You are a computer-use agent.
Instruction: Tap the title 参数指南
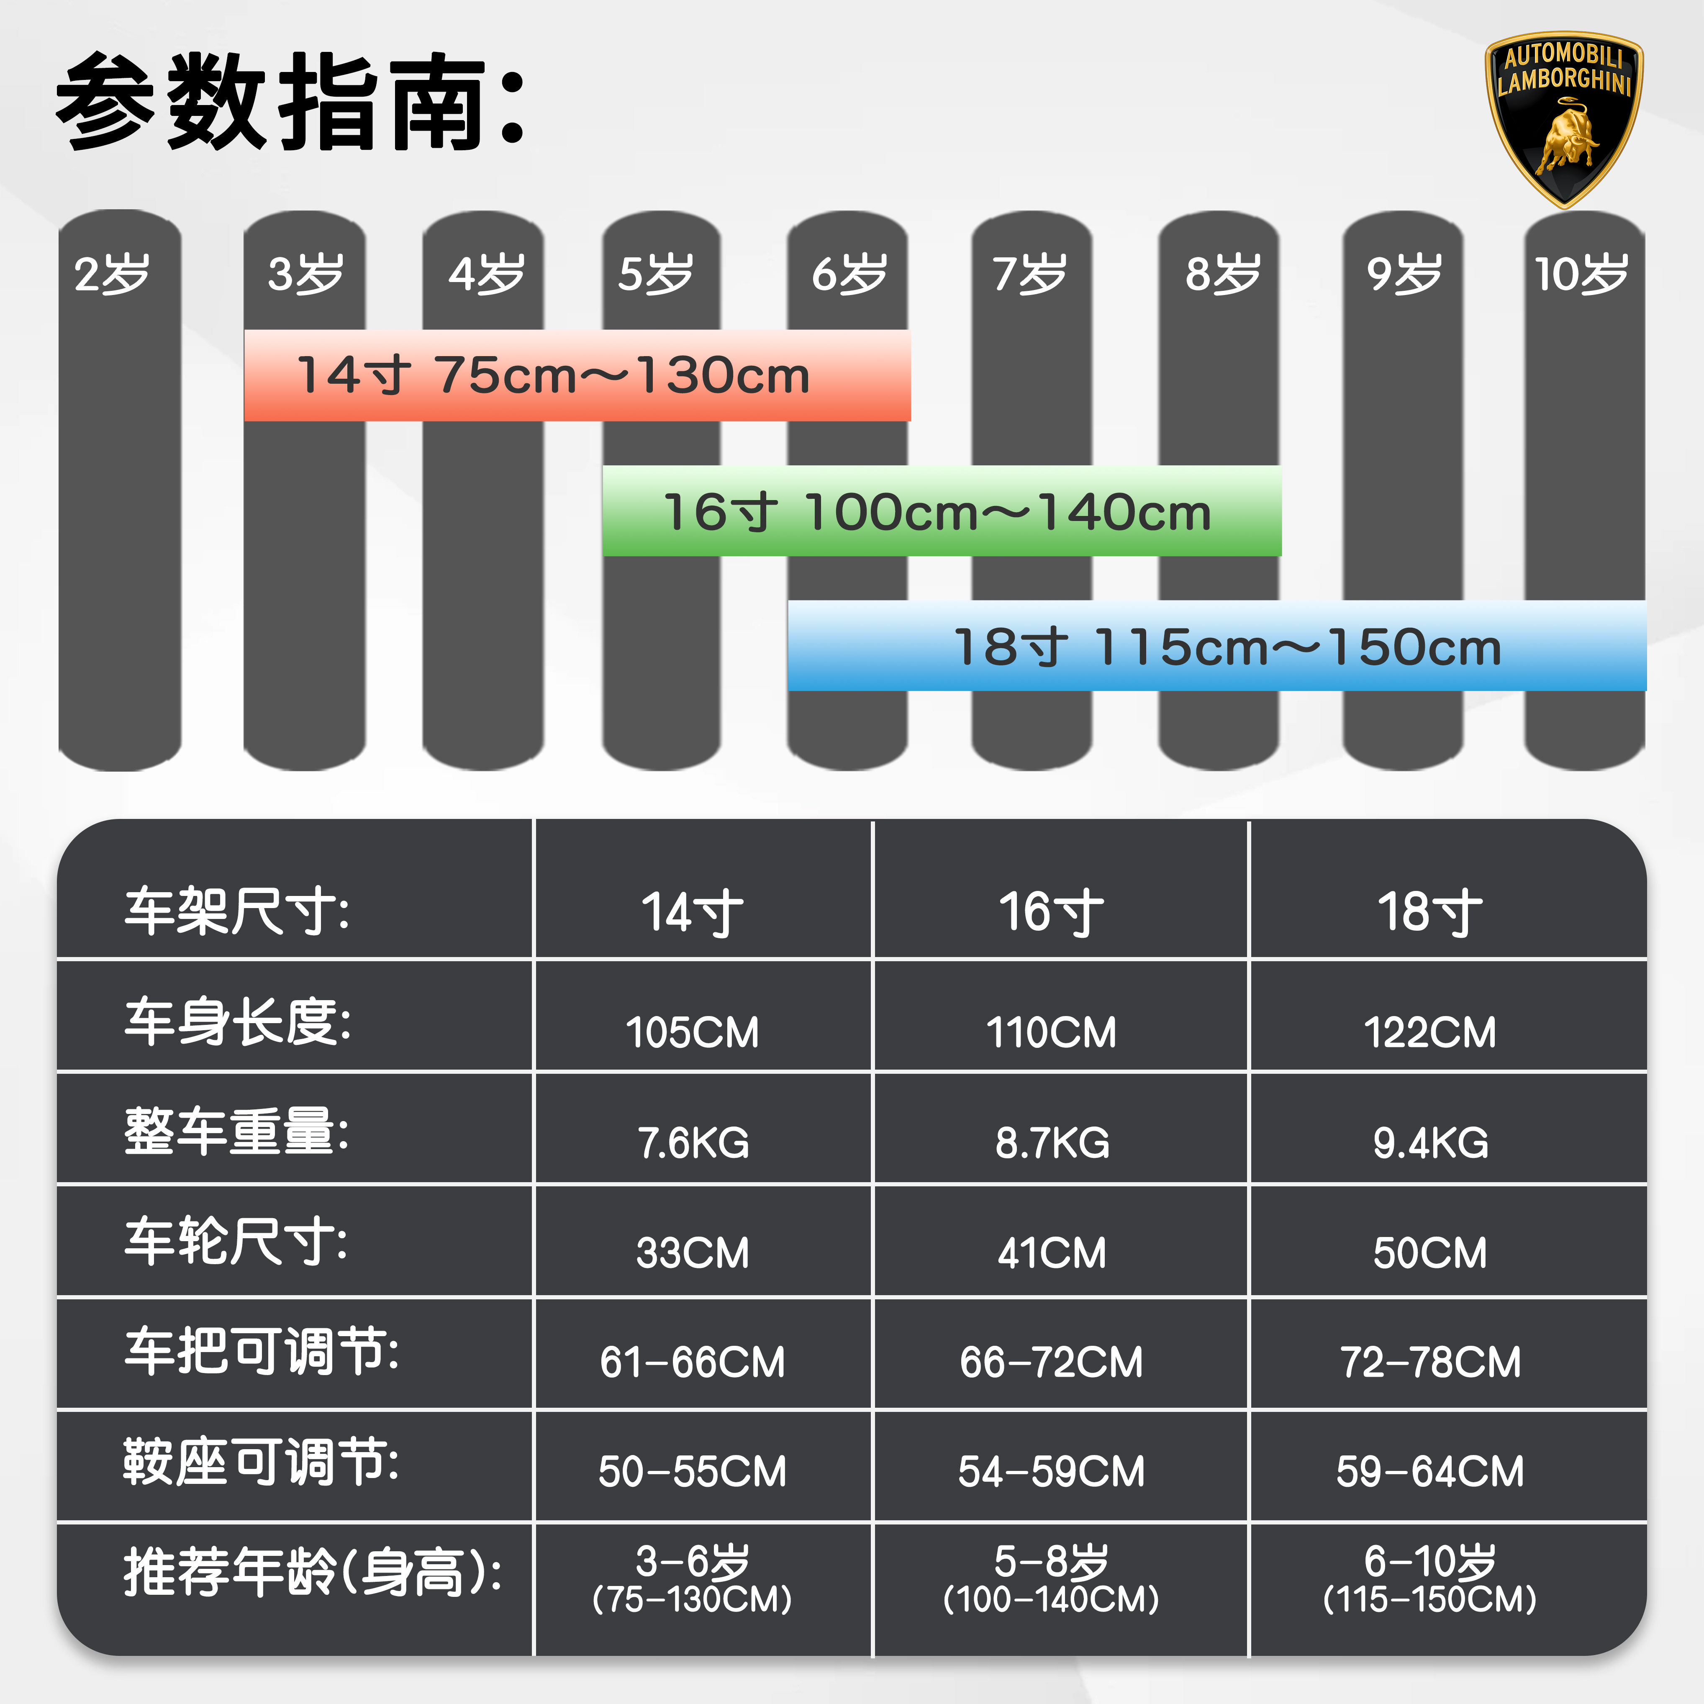(x=291, y=101)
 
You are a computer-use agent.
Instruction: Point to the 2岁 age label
(x=112, y=273)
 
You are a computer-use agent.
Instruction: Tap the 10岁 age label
(x=1581, y=273)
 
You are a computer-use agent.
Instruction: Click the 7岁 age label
(x=1030, y=273)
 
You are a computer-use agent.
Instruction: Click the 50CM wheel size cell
(x=1430, y=1252)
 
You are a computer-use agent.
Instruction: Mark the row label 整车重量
(x=236, y=1132)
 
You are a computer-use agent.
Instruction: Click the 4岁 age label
(x=486, y=273)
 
